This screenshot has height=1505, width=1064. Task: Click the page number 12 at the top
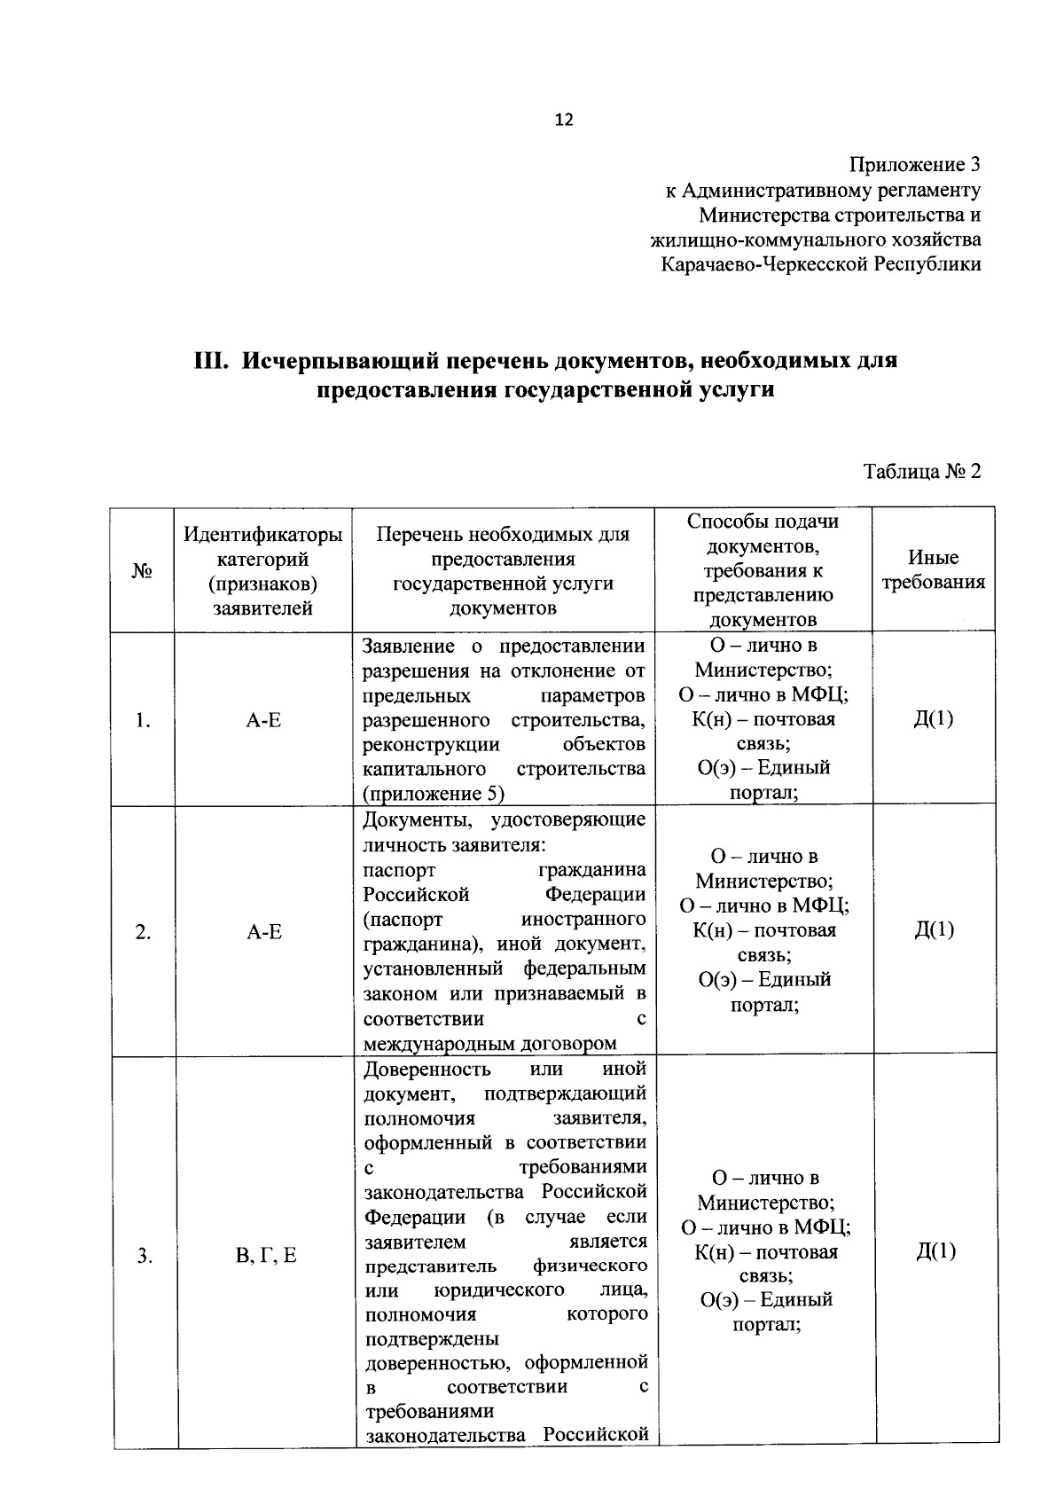(x=564, y=121)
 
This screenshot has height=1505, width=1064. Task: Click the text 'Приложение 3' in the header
(x=915, y=165)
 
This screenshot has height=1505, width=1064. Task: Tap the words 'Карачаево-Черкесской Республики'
(x=821, y=264)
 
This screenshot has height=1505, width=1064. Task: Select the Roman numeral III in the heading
(x=213, y=362)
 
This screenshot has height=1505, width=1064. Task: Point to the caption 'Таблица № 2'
(x=922, y=471)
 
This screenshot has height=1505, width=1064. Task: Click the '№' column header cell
(x=142, y=571)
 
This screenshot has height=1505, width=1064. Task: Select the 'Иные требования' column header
(x=933, y=570)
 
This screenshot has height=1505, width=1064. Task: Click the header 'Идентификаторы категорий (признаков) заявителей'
(x=263, y=571)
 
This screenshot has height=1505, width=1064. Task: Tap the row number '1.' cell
(x=142, y=720)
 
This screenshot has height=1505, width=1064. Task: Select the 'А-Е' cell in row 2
(x=264, y=931)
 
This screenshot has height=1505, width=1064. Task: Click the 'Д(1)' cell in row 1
(x=934, y=718)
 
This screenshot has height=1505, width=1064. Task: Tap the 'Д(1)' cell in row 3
(x=936, y=1251)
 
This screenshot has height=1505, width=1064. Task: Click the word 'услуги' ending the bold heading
(x=731, y=390)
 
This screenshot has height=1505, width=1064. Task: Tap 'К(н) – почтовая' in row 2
(x=764, y=930)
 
